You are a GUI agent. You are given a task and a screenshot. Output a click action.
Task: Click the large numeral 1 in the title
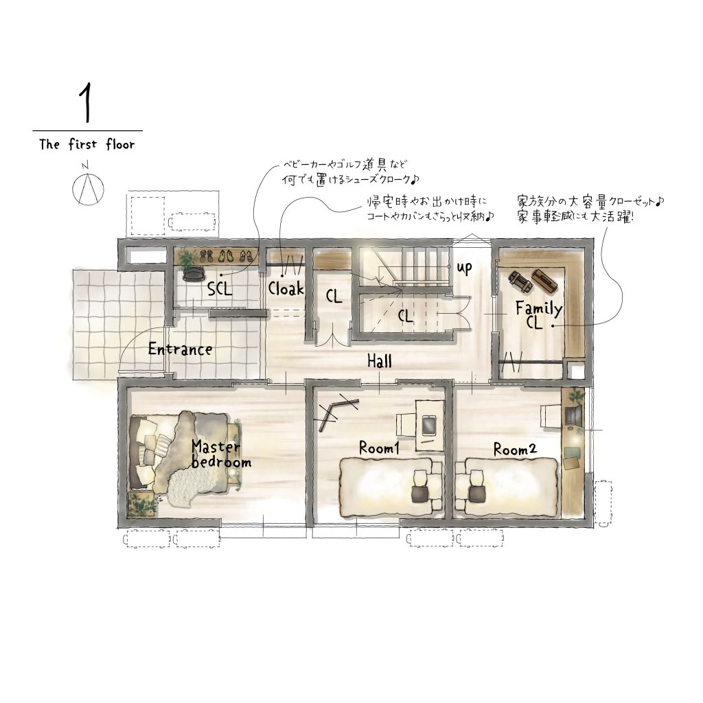[86, 103]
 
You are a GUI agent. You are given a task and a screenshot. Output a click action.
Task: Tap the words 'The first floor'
[87, 144]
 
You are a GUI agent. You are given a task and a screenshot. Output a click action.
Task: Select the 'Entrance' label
[180, 349]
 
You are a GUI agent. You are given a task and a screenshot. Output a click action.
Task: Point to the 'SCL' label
[220, 289]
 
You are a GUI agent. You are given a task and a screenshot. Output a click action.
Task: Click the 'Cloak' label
[286, 288]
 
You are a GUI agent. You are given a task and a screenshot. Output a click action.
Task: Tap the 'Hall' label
[379, 361]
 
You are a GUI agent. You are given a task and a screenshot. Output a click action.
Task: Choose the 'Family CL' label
[538, 314]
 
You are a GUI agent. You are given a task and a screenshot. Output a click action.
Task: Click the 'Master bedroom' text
[220, 454]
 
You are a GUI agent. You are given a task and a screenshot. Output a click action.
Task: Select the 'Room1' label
[379, 448]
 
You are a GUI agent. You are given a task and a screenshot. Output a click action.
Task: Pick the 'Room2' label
[515, 449]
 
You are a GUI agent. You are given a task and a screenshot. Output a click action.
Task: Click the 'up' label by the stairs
[465, 268]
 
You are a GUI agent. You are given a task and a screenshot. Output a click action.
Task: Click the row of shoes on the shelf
[227, 256]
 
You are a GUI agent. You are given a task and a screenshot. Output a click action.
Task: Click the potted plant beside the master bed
[143, 504]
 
